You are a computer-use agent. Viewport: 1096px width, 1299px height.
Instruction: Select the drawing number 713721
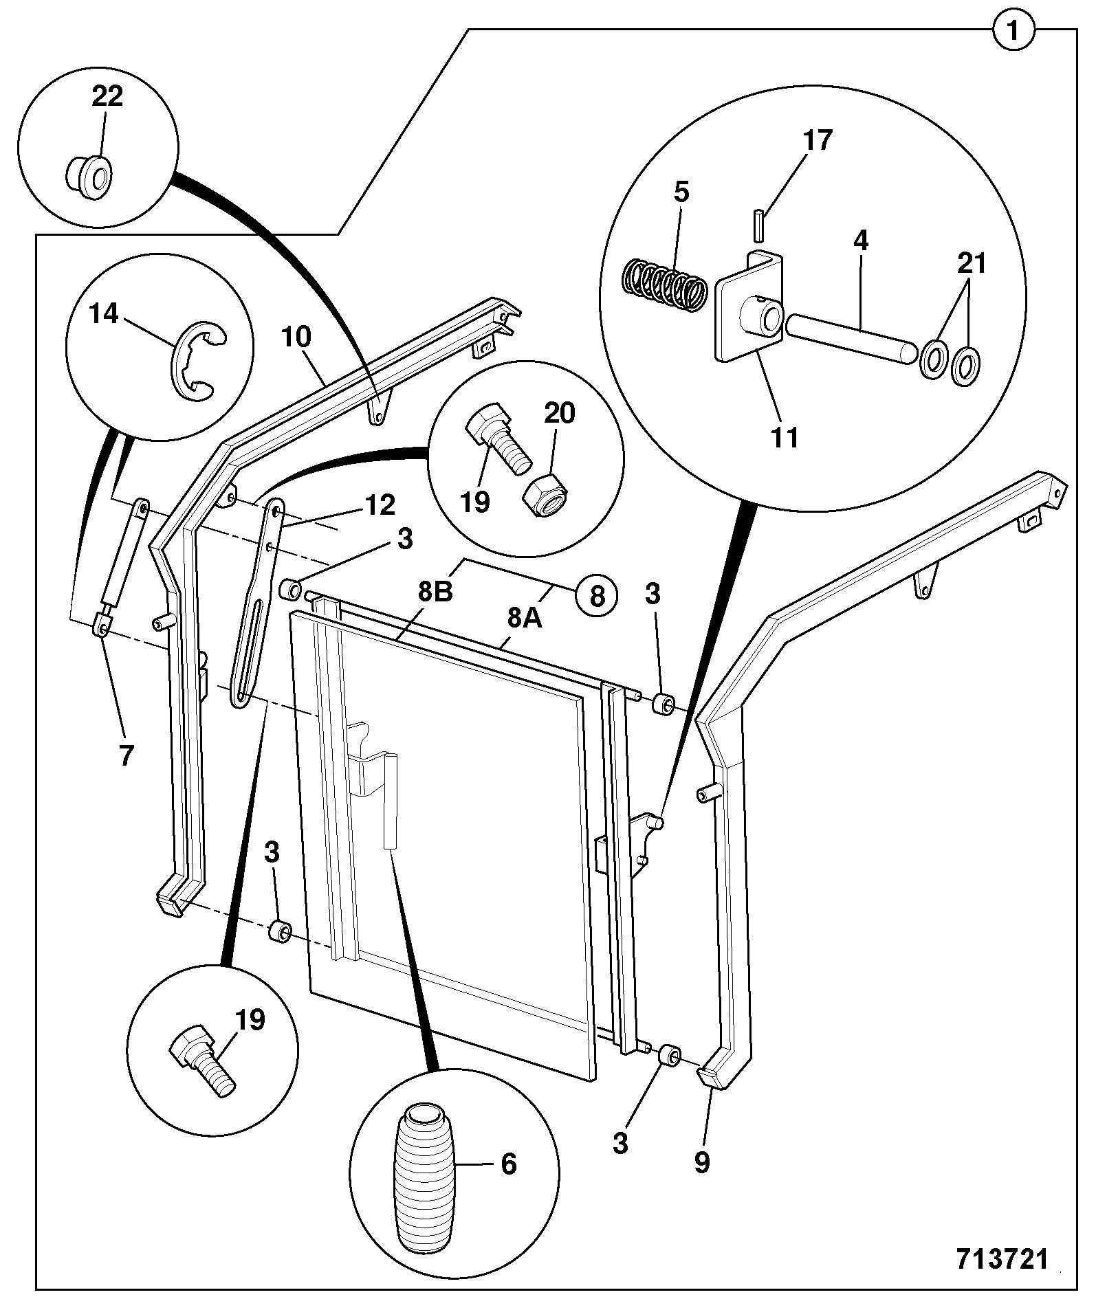pos(1002,1259)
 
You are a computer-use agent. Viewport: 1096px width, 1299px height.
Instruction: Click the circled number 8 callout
pos(597,595)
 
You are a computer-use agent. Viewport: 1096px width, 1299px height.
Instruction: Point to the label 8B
pos(435,591)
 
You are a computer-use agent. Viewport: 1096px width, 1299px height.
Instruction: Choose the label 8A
pos(525,618)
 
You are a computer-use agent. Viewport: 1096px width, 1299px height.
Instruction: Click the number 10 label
pos(296,337)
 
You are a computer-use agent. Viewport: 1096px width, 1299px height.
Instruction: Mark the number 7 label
pos(125,756)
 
